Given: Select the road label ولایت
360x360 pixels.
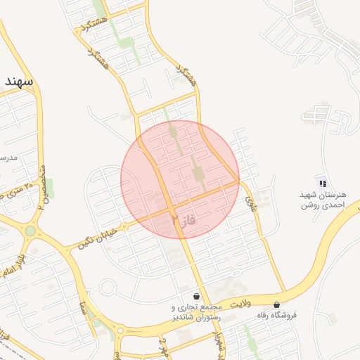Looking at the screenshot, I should [240, 303].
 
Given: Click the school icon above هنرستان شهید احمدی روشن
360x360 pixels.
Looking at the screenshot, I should [323, 184].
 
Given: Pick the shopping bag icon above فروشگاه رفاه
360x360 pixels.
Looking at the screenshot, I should [276, 305].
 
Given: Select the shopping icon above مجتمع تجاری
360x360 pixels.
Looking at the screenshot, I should [195, 296].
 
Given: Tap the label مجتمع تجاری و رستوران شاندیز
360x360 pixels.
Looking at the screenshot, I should [196, 312].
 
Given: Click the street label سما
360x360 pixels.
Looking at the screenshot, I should [84, 308].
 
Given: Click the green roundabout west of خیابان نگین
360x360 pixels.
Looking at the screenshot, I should [30, 231].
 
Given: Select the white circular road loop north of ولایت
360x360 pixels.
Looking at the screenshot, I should [108, 287].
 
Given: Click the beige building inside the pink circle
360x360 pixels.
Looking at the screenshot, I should [198, 173].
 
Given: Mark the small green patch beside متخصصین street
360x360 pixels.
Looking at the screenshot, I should [50, 188].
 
